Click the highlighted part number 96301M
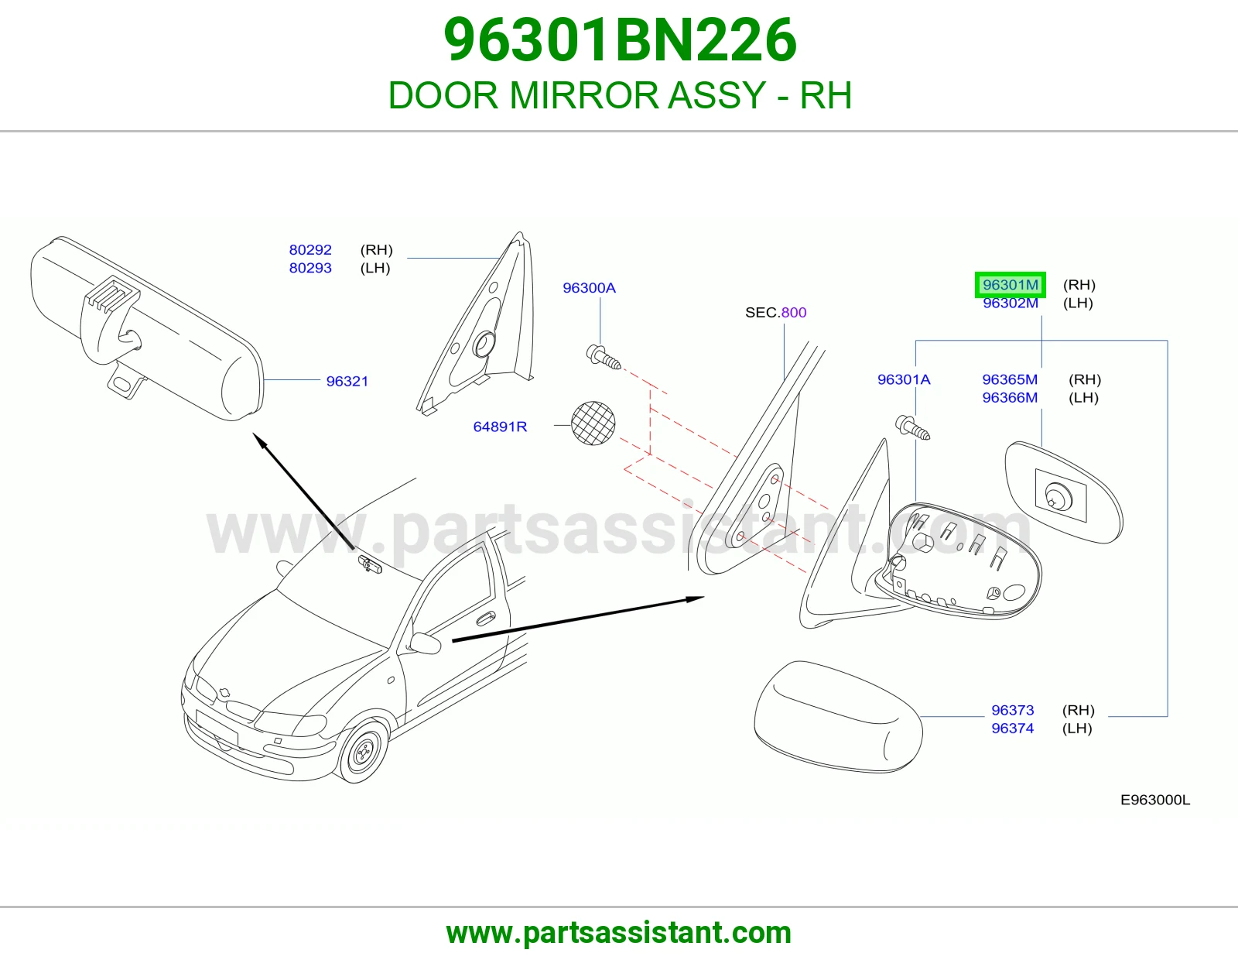coord(1010,284)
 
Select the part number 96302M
coord(1010,303)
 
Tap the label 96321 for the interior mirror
coord(347,382)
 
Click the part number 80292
coord(310,250)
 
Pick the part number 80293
coord(310,268)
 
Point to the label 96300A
coord(589,288)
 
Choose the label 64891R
coord(500,427)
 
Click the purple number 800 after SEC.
coord(794,313)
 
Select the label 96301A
coord(904,379)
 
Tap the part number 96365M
coord(1010,379)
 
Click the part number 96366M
coord(1010,398)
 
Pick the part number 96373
coord(1012,710)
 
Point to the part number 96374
coord(1012,729)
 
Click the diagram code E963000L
coord(1154,800)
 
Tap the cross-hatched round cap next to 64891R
coord(593,423)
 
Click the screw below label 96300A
coord(604,358)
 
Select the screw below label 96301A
coord(913,427)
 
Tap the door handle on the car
coord(485,619)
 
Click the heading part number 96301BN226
coord(619,40)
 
